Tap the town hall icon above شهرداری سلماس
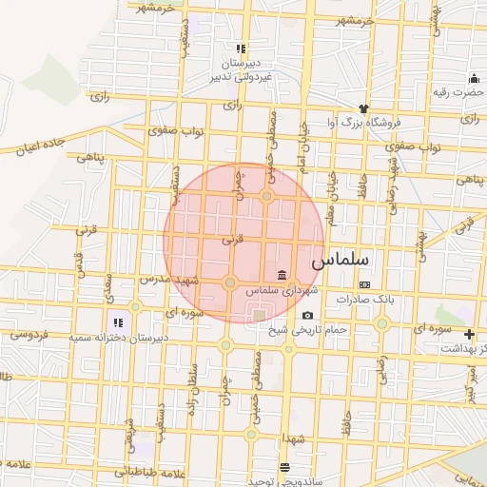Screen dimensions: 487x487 pos(282,275)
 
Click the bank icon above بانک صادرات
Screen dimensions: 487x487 pos(364,284)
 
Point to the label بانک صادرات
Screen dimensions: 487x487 pos(364,299)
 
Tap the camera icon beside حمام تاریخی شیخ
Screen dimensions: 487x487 pos(307,316)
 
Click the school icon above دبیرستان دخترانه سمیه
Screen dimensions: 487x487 pos(118,322)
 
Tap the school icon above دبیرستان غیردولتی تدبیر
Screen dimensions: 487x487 pos(242,48)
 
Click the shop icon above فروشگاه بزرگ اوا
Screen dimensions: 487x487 pos(362,108)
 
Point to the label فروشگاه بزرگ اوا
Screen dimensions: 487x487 pos(365,123)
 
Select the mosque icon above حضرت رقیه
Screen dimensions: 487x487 pos(473,78)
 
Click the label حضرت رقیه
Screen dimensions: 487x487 pos(459,92)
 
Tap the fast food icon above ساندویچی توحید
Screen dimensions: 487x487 pos(284,466)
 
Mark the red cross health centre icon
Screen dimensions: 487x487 pos(469,334)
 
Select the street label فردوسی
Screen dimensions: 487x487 pos(29,334)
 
